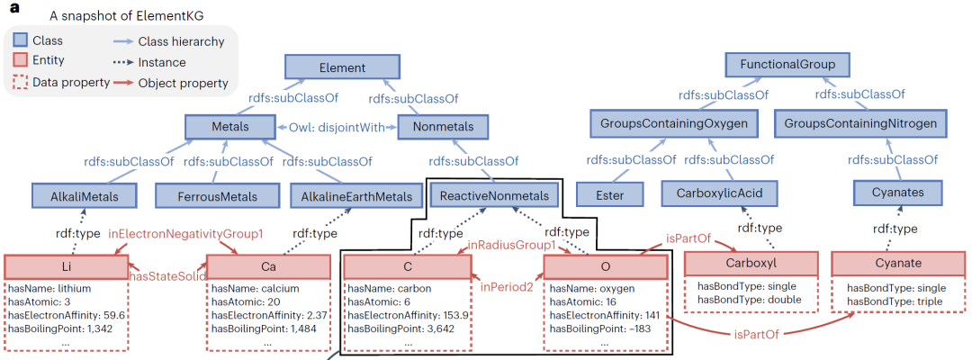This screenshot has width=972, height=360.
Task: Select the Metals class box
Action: pos(230,126)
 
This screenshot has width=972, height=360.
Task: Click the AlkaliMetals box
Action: pos(85,196)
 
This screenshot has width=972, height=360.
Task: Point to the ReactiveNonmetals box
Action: pos(494,196)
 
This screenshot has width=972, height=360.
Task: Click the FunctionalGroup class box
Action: pos(788,65)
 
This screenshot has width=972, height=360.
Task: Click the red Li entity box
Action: pos(67,265)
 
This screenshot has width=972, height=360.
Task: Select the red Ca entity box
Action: pos(268,266)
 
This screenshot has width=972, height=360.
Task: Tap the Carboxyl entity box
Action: pos(751,262)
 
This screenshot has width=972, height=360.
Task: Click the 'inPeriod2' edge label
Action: pos(508,287)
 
